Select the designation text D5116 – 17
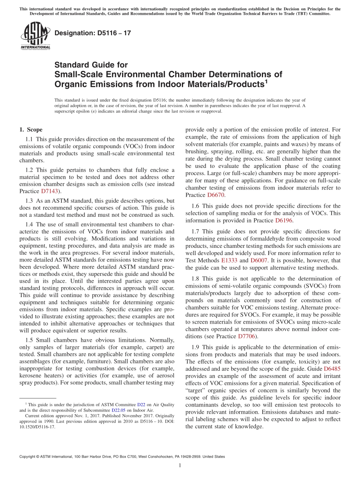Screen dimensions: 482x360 tap(93, 33)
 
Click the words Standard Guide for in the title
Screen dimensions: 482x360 tap(91, 65)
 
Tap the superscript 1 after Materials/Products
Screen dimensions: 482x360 tap(266, 81)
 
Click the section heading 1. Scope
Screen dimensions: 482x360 tap(31, 130)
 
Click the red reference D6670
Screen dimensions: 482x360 tap(216, 195)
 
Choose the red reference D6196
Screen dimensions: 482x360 tap(283, 220)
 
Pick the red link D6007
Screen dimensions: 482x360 tap(258, 260)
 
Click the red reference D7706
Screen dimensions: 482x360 tap(246, 336)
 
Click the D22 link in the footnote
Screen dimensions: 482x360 tap(141, 405)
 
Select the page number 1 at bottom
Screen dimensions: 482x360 tap(180, 466)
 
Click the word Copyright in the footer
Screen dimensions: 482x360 tap(28, 457)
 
